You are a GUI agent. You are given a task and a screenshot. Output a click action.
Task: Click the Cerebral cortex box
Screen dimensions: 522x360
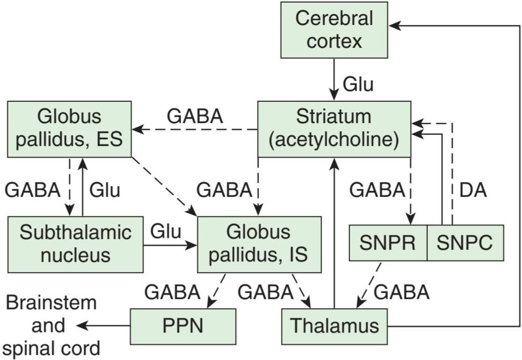tap(334, 30)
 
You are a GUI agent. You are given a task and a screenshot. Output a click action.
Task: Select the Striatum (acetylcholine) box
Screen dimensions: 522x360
tap(334, 129)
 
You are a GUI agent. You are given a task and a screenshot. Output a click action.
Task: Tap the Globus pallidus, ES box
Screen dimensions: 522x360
tap(69, 129)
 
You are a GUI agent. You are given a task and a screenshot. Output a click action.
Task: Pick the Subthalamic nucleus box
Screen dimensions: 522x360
tap(75, 245)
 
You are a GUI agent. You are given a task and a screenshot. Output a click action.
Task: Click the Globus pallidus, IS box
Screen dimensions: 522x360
tap(259, 245)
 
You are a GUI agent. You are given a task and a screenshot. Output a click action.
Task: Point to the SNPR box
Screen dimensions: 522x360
tap(388, 243)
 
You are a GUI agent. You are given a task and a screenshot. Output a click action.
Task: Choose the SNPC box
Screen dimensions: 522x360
tap(465, 243)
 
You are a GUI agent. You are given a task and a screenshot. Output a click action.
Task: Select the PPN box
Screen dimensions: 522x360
tap(183, 326)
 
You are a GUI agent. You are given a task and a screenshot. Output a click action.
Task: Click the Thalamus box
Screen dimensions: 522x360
tap(335, 326)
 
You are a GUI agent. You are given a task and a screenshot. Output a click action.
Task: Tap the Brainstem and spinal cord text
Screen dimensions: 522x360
tap(51, 326)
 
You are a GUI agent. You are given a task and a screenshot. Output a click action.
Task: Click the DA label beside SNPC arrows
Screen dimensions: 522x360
tap(473, 191)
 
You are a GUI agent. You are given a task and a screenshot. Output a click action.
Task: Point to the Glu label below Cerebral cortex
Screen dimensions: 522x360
tap(358, 84)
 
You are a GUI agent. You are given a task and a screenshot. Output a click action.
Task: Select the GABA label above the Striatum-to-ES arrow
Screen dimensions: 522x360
tap(195, 116)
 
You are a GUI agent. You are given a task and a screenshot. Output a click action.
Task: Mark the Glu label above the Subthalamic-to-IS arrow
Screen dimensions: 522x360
tap(165, 231)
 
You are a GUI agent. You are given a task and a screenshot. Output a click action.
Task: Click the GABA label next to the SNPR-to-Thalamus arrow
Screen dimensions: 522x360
tap(401, 292)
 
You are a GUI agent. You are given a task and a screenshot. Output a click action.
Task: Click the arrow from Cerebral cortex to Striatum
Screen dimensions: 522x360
tap(334, 79)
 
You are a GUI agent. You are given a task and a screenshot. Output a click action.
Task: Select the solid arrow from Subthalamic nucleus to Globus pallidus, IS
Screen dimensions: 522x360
tap(170, 246)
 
